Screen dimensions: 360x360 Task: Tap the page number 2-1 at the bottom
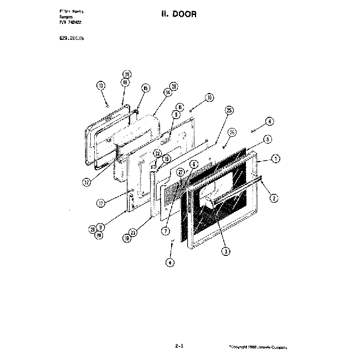(178, 346)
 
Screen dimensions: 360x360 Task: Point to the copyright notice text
(258, 347)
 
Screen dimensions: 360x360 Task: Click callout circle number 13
(100, 86)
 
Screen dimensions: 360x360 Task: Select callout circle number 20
(127, 74)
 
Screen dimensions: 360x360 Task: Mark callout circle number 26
(232, 132)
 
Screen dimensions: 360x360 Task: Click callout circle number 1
(276, 158)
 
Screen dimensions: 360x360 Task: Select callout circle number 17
(101, 203)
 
